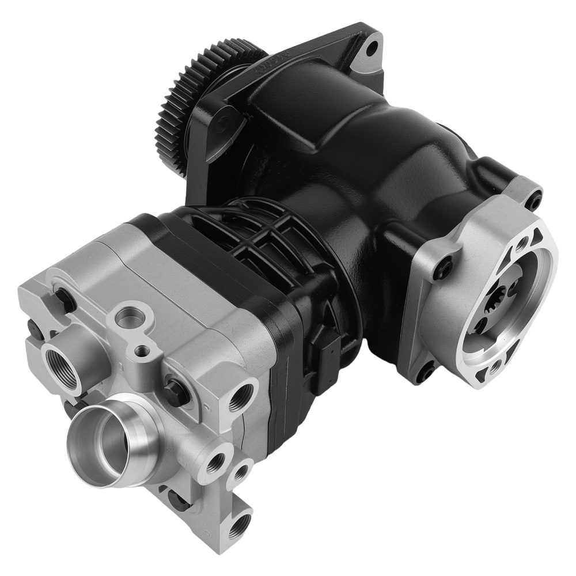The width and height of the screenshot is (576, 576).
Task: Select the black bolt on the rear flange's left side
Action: click(445, 267)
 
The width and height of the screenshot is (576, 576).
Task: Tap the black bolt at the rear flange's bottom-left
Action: click(426, 374)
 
